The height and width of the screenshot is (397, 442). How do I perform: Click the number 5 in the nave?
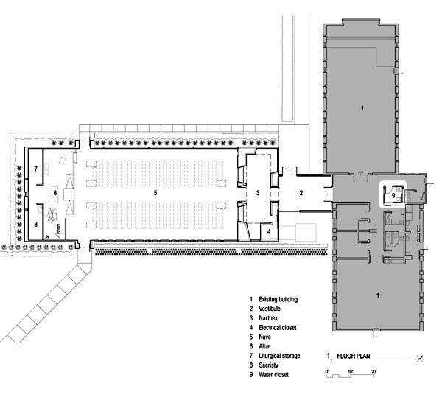(x=155, y=193)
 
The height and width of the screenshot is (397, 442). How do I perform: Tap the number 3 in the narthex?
(x=258, y=193)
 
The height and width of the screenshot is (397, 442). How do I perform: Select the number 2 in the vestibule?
(x=301, y=193)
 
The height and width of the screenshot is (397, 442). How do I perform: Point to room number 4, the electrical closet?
(x=269, y=231)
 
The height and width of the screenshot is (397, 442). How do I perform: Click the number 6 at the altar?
(x=55, y=193)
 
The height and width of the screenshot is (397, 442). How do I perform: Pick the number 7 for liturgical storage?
(x=35, y=169)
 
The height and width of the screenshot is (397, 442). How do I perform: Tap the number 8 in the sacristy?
(x=35, y=225)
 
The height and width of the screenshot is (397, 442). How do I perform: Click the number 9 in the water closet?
(x=393, y=196)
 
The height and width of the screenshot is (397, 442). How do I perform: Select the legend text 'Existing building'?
(x=278, y=299)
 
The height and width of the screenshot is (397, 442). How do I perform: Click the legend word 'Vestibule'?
(x=270, y=309)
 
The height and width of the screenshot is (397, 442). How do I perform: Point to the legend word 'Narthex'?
(x=268, y=318)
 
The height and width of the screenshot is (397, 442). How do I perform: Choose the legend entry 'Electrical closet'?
(x=278, y=328)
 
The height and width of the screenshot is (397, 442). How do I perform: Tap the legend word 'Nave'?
(x=264, y=337)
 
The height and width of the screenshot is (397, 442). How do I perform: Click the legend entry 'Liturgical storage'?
(x=279, y=356)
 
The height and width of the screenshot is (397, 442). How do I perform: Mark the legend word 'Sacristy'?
(x=268, y=365)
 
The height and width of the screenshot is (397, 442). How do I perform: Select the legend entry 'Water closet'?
(x=274, y=375)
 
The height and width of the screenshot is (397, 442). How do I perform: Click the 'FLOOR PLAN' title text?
(x=354, y=356)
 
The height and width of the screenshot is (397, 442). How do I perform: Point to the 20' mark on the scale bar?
(x=373, y=372)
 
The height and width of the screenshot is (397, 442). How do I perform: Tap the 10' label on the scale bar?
(x=351, y=372)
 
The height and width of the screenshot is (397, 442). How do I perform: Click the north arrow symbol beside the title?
(x=420, y=359)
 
